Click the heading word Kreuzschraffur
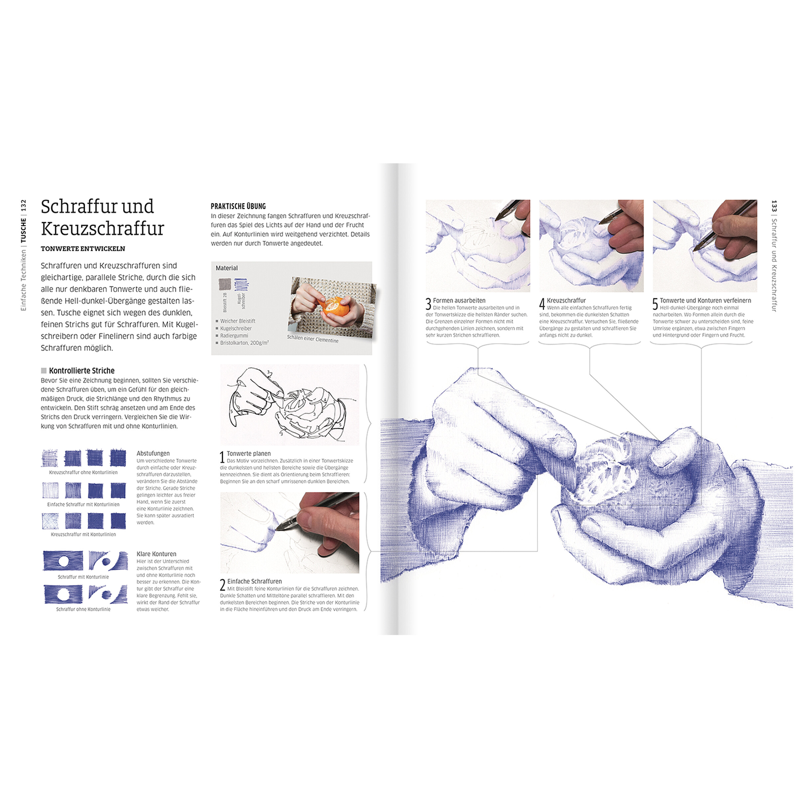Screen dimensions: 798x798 click(x=102, y=228)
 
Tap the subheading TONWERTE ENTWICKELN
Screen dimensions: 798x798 click(x=82, y=249)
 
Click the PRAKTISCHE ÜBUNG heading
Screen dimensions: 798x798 click(x=238, y=206)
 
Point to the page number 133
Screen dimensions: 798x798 click(x=774, y=206)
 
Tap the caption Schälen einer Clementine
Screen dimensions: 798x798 click(x=313, y=339)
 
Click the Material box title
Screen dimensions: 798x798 click(x=227, y=268)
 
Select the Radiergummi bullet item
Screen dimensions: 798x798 click(x=234, y=336)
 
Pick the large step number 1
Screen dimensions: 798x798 click(x=222, y=458)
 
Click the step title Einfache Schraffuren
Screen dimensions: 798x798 click(x=254, y=581)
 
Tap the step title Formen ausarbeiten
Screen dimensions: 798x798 click(x=459, y=301)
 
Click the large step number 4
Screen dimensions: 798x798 click(x=542, y=304)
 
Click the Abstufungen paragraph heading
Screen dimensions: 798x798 click(x=153, y=454)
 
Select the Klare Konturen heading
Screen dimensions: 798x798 click(x=157, y=554)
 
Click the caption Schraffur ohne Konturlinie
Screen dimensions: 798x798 click(x=83, y=609)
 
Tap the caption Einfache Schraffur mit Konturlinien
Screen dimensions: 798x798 click(x=83, y=504)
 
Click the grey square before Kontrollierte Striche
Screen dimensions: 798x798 click(x=44, y=371)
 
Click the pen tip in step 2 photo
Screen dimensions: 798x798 click(x=276, y=529)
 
